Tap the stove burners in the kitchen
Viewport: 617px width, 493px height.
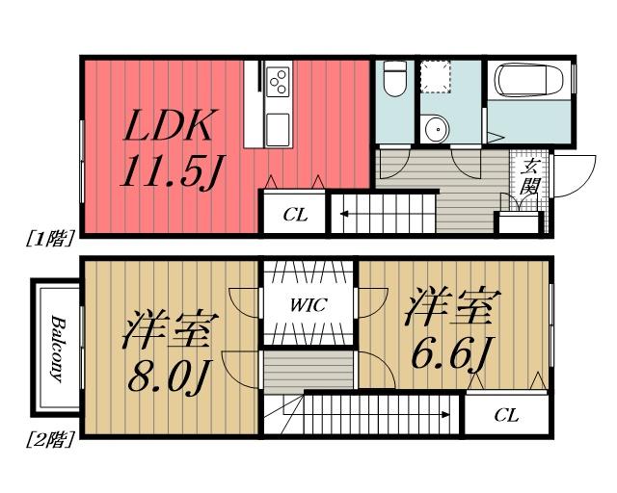(279, 81)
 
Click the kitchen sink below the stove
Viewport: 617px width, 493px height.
(278, 123)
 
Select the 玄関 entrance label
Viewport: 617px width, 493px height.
(529, 176)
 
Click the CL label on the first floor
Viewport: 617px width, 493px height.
(295, 215)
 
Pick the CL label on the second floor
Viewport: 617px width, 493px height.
(507, 416)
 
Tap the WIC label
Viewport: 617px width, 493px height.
(309, 305)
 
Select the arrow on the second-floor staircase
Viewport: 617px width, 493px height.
(445, 415)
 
